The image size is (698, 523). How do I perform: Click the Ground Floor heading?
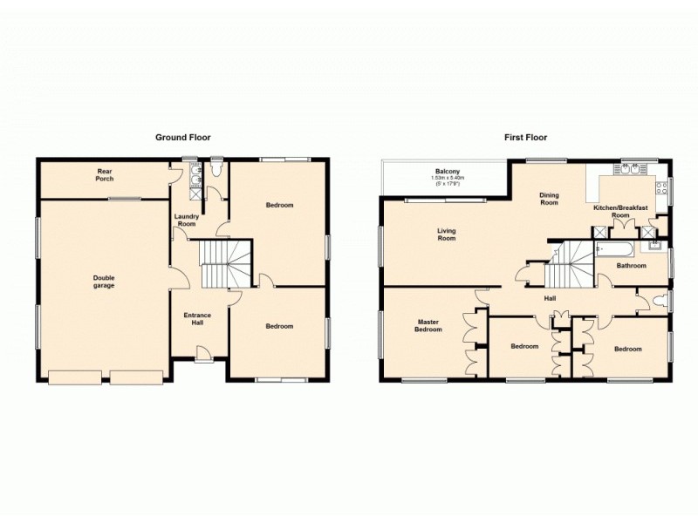coord(182,137)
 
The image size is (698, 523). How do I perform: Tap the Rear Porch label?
coord(106,174)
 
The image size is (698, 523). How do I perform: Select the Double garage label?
coord(104,282)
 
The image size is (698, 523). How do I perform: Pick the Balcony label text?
coord(447,171)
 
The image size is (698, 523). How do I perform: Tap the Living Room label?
coord(447,234)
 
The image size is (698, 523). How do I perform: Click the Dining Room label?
coord(548,199)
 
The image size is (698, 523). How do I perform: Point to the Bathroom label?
coord(630,265)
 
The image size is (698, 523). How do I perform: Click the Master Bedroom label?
coord(428,325)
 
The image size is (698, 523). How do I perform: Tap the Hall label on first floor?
coord(550,299)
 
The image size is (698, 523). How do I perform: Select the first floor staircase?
coord(568,265)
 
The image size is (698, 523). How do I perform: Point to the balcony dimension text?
coord(447,181)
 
